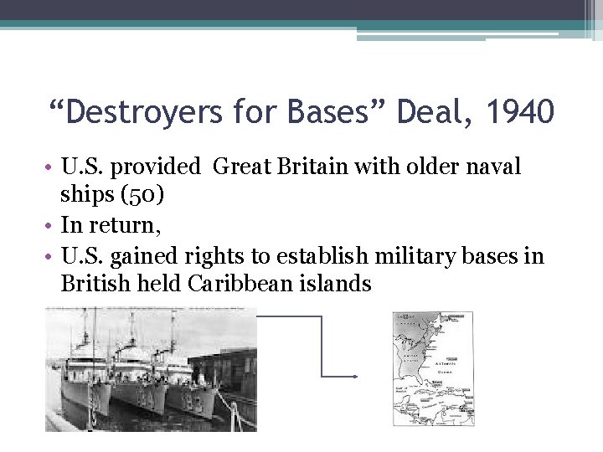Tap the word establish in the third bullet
point(317,255)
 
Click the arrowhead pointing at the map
point(355,377)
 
